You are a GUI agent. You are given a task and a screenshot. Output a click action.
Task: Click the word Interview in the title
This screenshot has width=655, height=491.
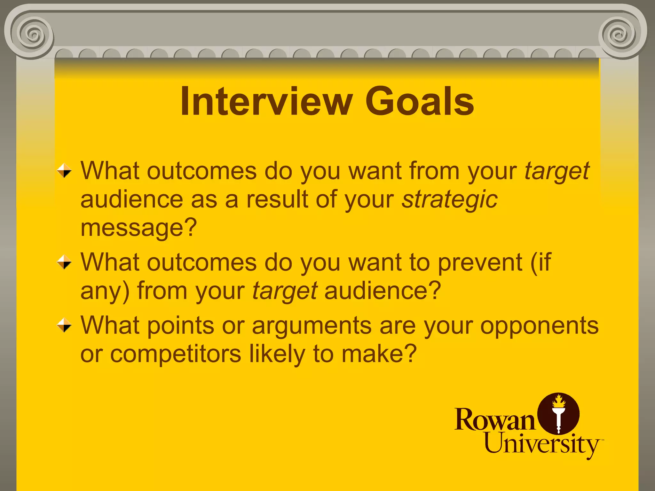coord(266,102)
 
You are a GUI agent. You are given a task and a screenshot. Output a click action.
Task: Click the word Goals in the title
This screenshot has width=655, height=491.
coord(419,102)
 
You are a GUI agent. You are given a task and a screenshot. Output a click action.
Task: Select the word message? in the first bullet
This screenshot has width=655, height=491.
coord(138,228)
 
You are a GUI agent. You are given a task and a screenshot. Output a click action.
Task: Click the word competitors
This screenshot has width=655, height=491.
coord(176,354)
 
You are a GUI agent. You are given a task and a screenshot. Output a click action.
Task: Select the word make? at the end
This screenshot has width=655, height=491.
coord(379,354)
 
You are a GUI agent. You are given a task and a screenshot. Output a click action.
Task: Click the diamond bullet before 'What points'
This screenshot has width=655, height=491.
coord(64,325)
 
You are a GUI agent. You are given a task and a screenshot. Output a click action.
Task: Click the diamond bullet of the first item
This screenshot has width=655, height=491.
coord(64,171)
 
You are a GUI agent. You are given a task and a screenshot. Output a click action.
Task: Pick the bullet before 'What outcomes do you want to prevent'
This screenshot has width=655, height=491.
coord(64,262)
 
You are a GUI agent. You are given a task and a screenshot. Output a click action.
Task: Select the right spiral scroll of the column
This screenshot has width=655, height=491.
coord(620,35)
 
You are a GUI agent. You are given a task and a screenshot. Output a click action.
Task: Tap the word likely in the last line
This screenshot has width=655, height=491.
coord(277,354)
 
